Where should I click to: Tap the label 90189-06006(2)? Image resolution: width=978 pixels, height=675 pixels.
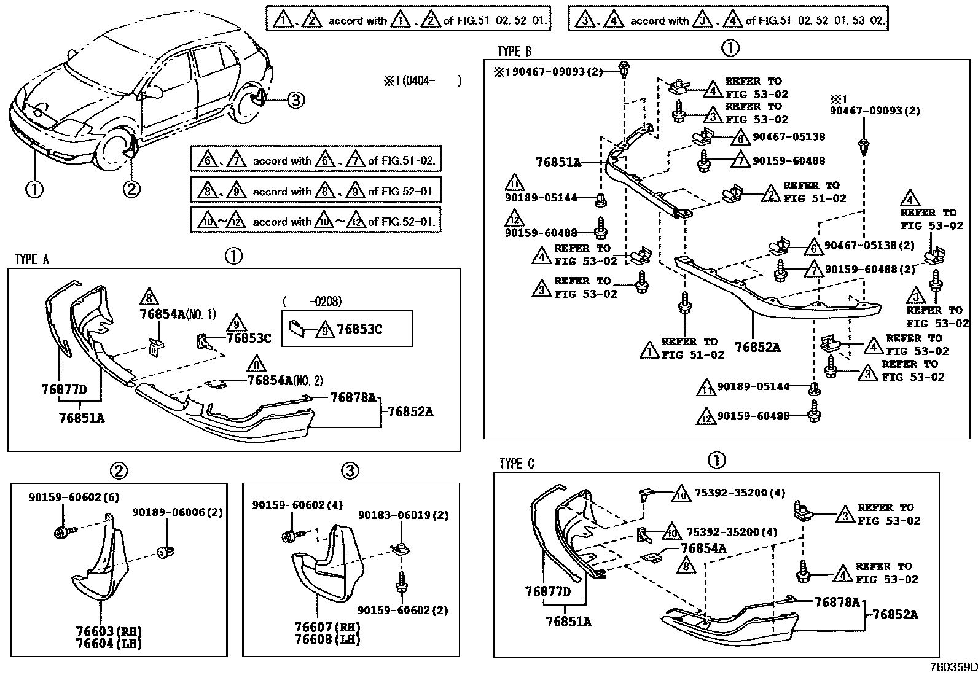[x=178, y=512]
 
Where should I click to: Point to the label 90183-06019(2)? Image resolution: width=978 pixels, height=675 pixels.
[x=403, y=515]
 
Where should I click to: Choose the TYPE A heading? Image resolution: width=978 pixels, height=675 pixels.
[x=32, y=260]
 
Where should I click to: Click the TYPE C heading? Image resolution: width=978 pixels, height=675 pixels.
[x=517, y=464]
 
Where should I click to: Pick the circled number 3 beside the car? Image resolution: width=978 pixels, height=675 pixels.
[x=295, y=99]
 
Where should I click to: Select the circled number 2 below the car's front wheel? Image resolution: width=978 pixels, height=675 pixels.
[x=131, y=189]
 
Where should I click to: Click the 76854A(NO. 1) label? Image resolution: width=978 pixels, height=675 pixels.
[x=178, y=314]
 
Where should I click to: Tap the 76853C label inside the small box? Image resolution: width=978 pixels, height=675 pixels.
[x=359, y=330]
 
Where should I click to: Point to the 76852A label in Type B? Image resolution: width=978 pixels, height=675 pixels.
[x=757, y=348]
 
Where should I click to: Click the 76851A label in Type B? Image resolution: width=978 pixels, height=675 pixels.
[x=558, y=162]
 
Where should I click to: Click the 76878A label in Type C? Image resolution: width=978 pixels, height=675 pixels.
[x=837, y=603]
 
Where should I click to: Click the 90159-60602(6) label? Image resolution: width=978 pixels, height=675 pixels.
[x=65, y=498]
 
